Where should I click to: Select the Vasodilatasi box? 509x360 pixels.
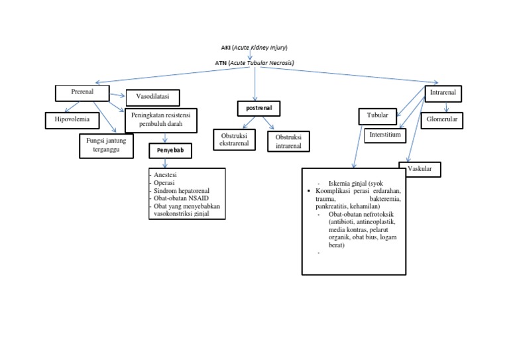pyautogui.click(x=153, y=97)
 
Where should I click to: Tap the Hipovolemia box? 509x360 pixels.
pyautogui.click(x=72, y=120)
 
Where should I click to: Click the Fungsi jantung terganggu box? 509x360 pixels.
pyautogui.click(x=106, y=145)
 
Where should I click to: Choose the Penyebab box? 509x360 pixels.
pyautogui.click(x=170, y=151)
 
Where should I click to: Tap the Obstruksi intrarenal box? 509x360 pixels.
pyautogui.click(x=288, y=141)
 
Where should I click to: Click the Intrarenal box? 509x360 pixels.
pyautogui.click(x=443, y=93)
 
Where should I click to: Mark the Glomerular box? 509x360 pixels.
pyautogui.click(x=442, y=120)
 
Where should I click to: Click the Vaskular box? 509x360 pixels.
pyautogui.click(x=420, y=169)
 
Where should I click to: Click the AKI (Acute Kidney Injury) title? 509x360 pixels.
pyautogui.click(x=254, y=48)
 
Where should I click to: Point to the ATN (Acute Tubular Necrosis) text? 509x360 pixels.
pyautogui.click(x=254, y=62)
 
